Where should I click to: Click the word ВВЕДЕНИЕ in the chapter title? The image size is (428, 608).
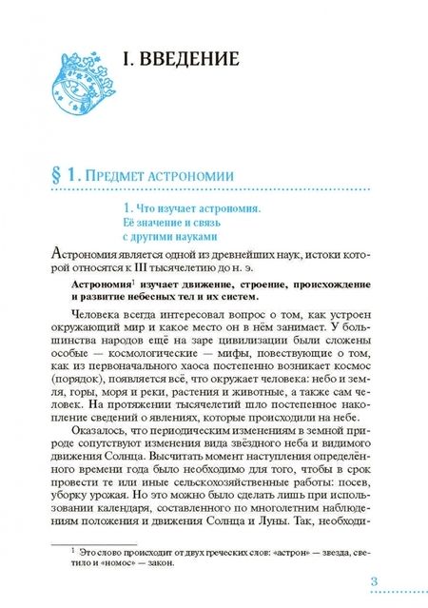(x=187, y=60)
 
